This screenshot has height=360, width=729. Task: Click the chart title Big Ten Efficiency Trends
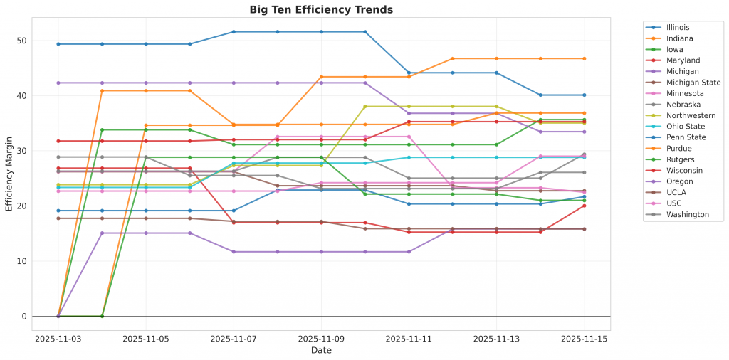pyautogui.click(x=321, y=10)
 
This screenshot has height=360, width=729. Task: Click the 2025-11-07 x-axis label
pyautogui.click(x=234, y=339)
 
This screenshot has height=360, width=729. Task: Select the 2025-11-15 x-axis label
pyautogui.click(x=584, y=339)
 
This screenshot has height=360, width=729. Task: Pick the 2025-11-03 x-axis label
pyautogui.click(x=58, y=339)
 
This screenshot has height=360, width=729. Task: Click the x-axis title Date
pyautogui.click(x=321, y=350)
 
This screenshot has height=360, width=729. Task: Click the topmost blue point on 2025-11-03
pyautogui.click(x=58, y=44)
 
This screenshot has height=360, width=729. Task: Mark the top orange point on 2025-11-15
pyautogui.click(x=584, y=58)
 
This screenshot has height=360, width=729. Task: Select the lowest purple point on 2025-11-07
pyautogui.click(x=234, y=252)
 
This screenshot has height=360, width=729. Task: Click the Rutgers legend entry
pyautogui.click(x=679, y=159)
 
